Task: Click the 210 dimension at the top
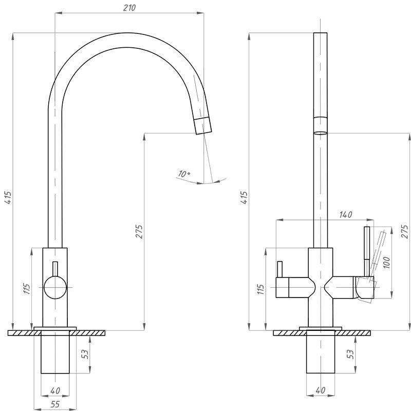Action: [129, 8]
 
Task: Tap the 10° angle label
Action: [184, 174]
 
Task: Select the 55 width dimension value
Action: [55, 404]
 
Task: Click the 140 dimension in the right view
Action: [345, 215]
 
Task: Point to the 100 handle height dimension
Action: [387, 263]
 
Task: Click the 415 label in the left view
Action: [8, 198]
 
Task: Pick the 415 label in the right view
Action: [244, 198]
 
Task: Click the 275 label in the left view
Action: [139, 232]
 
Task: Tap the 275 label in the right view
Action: [404, 232]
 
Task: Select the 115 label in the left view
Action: [27, 289]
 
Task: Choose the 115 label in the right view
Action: [260, 289]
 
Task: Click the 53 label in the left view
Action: [85, 354]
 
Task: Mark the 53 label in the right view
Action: [350, 354]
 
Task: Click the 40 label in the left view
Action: [55, 390]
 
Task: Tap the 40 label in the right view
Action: [320, 390]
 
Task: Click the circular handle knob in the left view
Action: [55, 288]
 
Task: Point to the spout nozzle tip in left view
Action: [203, 126]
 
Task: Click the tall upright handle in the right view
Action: [367, 252]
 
